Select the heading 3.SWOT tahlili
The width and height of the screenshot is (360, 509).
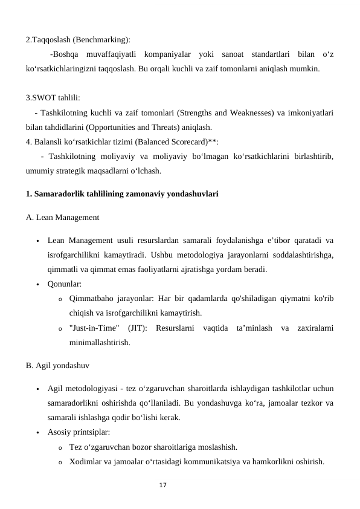(53, 99)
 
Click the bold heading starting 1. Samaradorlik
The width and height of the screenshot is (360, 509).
(122, 195)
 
